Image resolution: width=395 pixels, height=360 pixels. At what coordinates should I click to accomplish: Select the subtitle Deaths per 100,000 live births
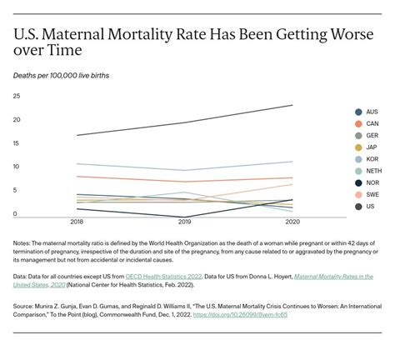[x=60, y=75]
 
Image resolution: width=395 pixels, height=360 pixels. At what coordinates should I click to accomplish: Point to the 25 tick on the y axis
[x=16, y=96]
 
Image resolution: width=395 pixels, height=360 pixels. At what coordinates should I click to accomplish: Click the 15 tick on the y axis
[x=16, y=143]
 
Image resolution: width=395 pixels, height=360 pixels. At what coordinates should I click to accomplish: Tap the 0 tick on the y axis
[x=15, y=214]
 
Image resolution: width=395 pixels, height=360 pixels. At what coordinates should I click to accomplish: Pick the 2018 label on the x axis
[x=76, y=222]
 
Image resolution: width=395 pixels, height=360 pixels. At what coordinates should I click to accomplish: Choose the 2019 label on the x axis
[x=184, y=222]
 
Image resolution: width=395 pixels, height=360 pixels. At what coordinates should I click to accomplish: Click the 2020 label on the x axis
[x=292, y=222]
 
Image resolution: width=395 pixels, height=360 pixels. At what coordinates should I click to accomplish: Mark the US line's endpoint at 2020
[x=292, y=105]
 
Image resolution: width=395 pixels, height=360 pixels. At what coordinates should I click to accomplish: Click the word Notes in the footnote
[x=22, y=243]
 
